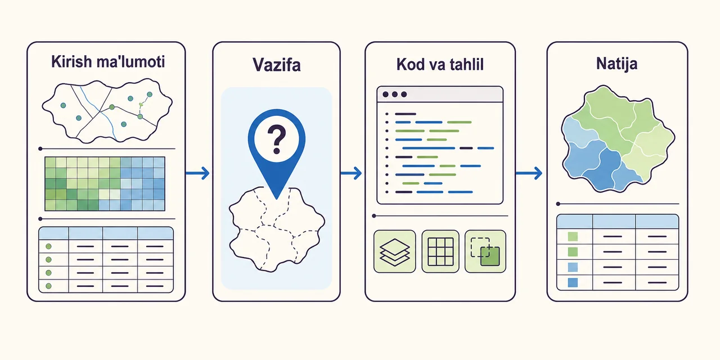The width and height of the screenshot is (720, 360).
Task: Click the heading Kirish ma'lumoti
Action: (108, 61)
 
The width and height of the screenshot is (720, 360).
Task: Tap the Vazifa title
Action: (276, 65)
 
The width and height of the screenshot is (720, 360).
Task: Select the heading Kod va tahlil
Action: (440, 64)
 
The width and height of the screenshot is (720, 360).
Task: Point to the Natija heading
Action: (616, 64)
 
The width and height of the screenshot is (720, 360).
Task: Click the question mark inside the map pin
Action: (276, 139)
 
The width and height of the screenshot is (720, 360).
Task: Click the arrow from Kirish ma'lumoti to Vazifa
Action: (197, 173)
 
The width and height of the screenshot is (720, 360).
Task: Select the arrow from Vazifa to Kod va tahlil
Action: (351, 173)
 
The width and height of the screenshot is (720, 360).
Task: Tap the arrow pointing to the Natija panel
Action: (529, 173)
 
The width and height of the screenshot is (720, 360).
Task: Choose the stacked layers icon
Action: (395, 251)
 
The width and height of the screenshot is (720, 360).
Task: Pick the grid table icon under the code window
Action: (440, 251)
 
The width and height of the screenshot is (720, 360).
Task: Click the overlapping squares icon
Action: (485, 251)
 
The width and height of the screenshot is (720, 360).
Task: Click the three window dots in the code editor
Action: (395, 94)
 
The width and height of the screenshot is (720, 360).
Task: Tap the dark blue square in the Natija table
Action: (573, 282)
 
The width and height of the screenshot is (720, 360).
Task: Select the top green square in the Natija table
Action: (573, 237)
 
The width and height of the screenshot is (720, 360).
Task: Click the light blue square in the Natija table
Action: (573, 267)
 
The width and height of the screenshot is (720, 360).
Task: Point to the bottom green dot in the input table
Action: (48, 286)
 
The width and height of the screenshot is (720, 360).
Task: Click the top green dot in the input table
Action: (48, 246)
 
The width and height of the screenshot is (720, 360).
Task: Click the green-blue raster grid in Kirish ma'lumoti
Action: (105, 184)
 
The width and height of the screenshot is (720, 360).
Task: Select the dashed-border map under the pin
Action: (276, 229)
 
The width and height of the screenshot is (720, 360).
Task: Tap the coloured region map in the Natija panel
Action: (618, 139)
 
